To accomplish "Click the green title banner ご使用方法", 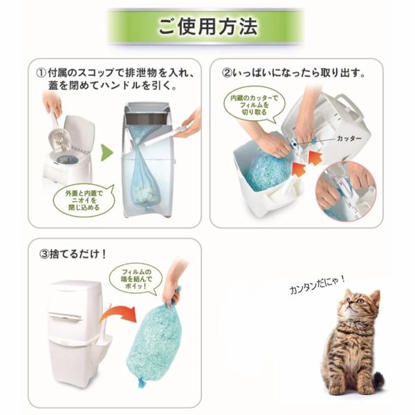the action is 206,26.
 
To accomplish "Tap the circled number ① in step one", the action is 41,73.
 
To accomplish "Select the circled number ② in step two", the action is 227,73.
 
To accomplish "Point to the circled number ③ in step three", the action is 44,255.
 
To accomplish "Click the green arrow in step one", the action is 107,153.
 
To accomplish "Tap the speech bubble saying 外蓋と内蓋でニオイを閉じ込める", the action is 84,200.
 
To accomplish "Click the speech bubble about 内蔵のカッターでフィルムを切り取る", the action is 254,105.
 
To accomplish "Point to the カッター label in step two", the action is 349,138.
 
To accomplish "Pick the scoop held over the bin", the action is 59,135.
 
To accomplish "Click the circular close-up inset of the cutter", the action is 347,190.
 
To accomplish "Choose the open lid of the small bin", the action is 80,132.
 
